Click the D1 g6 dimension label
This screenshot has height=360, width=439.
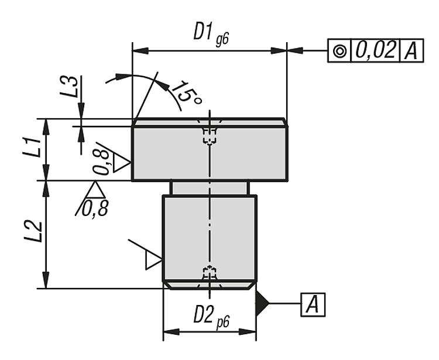click(x=210, y=33)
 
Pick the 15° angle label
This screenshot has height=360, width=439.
click(x=186, y=92)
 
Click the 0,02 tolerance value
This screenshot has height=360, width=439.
click(x=374, y=50)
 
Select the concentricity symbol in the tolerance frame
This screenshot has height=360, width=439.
click(x=338, y=51)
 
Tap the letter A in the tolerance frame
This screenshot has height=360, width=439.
click(x=411, y=51)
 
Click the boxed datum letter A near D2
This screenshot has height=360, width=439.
click(x=313, y=304)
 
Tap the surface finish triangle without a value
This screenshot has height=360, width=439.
click(x=152, y=258)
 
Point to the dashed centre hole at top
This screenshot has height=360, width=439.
click(x=209, y=135)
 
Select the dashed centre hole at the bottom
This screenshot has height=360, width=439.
click(x=209, y=273)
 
